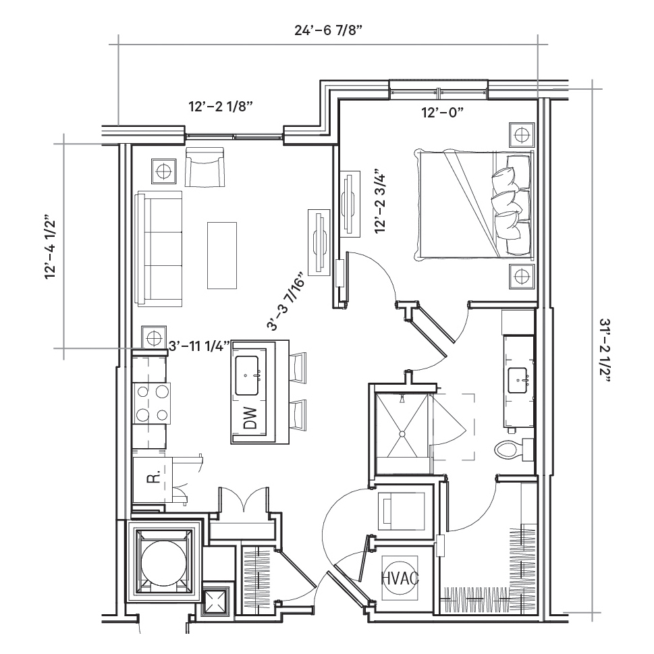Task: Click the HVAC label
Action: pos(400,578)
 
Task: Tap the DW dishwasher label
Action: pos(250,418)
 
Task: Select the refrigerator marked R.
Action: pos(153,480)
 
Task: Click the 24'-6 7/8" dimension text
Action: pos(328,30)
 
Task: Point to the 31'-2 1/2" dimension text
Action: pos(605,350)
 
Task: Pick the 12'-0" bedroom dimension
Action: pos(443,112)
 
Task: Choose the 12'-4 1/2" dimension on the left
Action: pos(50,247)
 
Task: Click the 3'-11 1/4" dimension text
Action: pos(199,346)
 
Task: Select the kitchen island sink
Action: pos(247,375)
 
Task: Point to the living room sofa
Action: pos(159,249)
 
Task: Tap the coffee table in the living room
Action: pos(222,255)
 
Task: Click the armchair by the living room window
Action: pos(205,167)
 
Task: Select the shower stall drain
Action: pos(402,434)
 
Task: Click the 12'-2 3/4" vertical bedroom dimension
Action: pos(381,201)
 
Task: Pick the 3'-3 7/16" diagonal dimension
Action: pos(287,303)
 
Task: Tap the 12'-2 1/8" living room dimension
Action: pos(221,107)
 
